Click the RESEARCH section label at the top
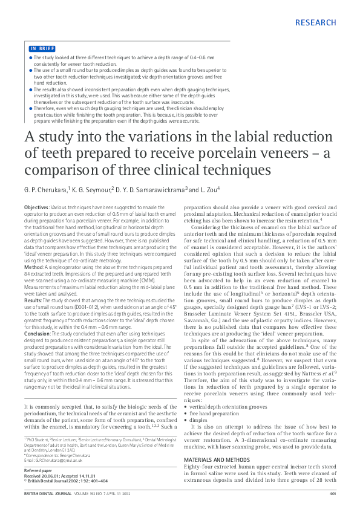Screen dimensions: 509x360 point(316,23)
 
